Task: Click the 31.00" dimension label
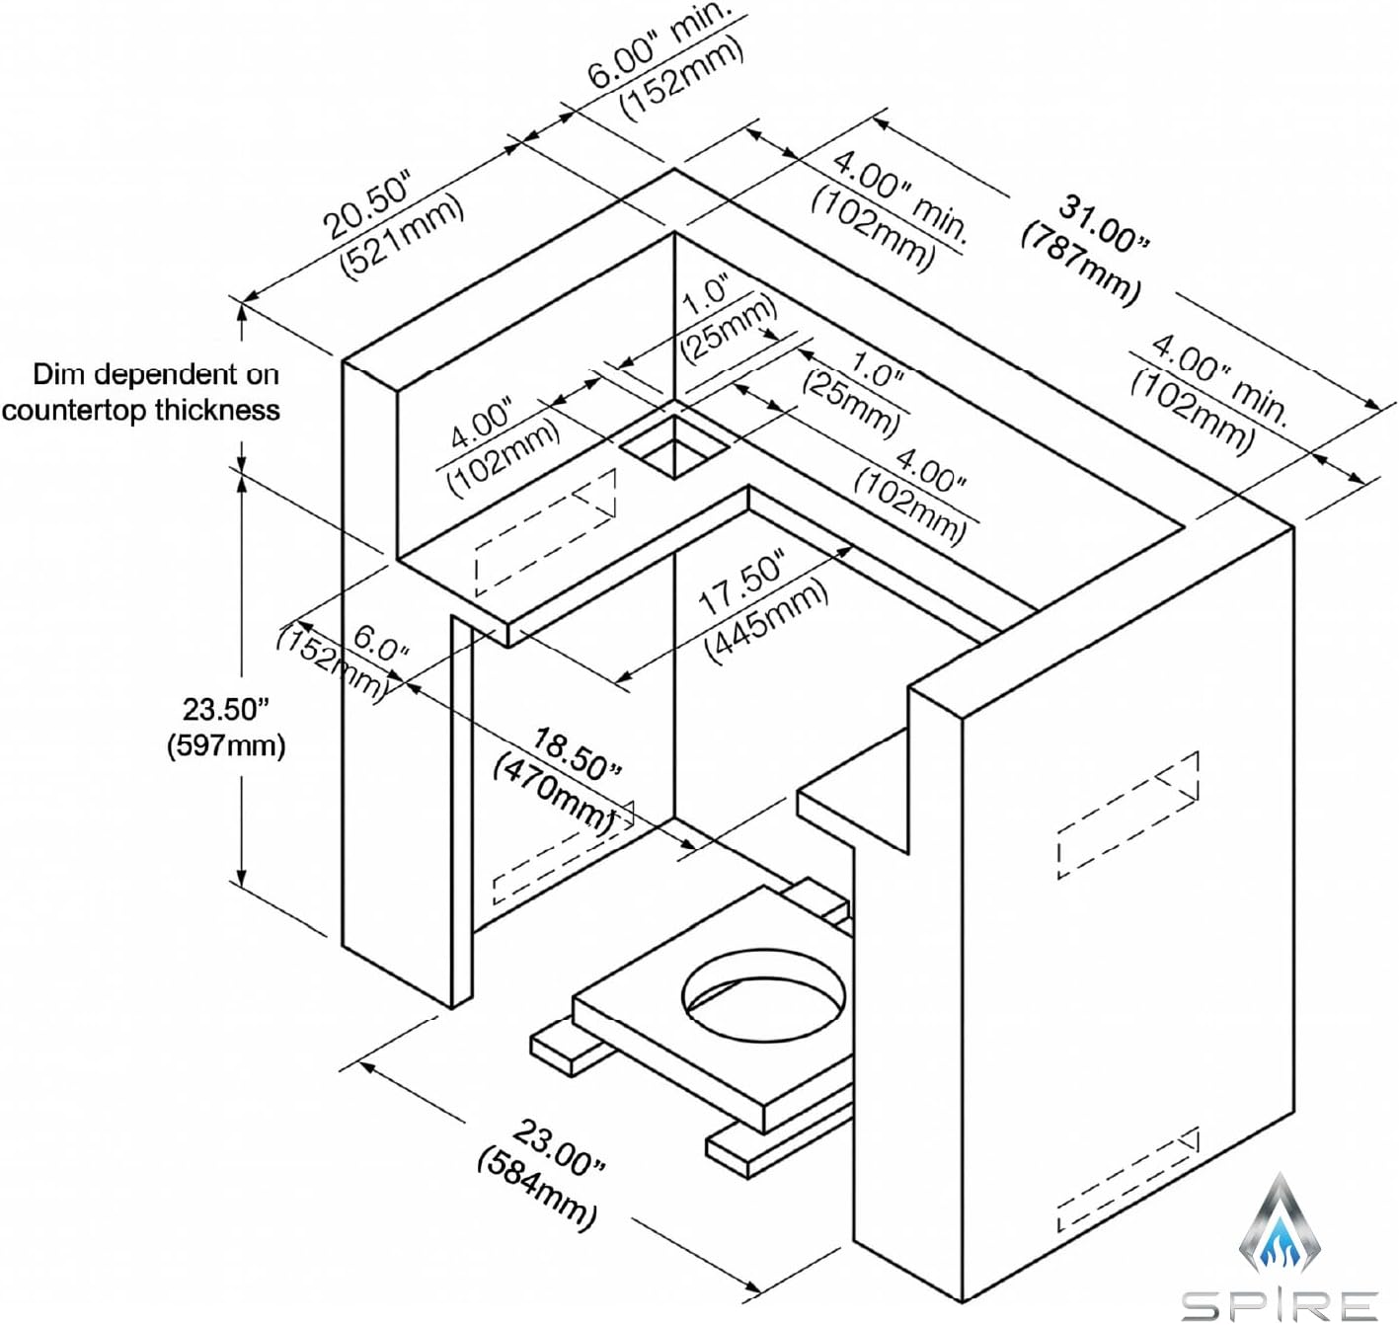click(1104, 221)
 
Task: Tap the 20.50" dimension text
click(368, 205)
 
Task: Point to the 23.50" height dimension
click(225, 710)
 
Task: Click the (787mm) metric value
click(1081, 262)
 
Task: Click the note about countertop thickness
click(141, 392)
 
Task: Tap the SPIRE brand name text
click(1280, 1304)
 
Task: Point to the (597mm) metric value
click(225, 746)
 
